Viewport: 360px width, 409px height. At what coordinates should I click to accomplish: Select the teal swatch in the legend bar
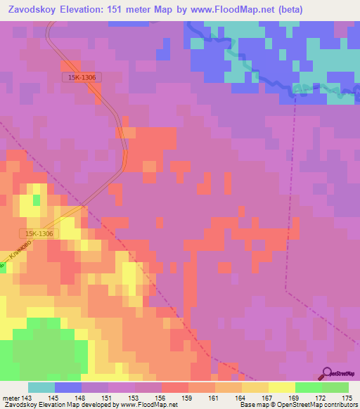[x=41, y=387]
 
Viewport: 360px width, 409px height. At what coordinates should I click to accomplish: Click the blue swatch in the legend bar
[x=68, y=387]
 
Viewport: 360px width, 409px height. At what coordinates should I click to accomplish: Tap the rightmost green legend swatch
[x=335, y=387]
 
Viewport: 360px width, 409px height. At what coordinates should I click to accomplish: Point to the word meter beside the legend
[x=11, y=398]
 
